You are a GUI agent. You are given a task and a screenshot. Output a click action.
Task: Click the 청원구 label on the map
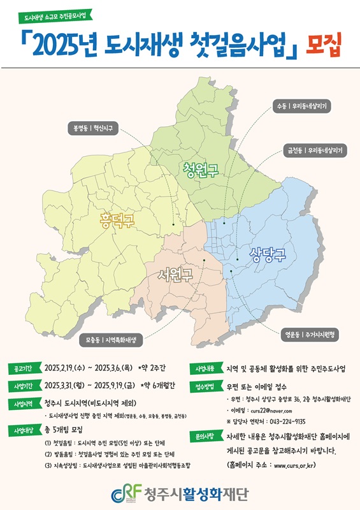(200, 170)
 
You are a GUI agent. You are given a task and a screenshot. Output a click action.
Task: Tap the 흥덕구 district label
(117, 221)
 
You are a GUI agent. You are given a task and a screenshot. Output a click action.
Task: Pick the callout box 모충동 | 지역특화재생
(112, 340)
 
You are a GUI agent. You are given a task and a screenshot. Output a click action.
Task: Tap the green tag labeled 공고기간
(24, 368)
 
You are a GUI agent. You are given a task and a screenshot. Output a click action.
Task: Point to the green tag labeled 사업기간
(24, 386)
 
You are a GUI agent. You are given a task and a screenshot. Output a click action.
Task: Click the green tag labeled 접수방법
(205, 386)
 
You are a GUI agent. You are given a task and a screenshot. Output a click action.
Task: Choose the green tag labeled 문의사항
(205, 438)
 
